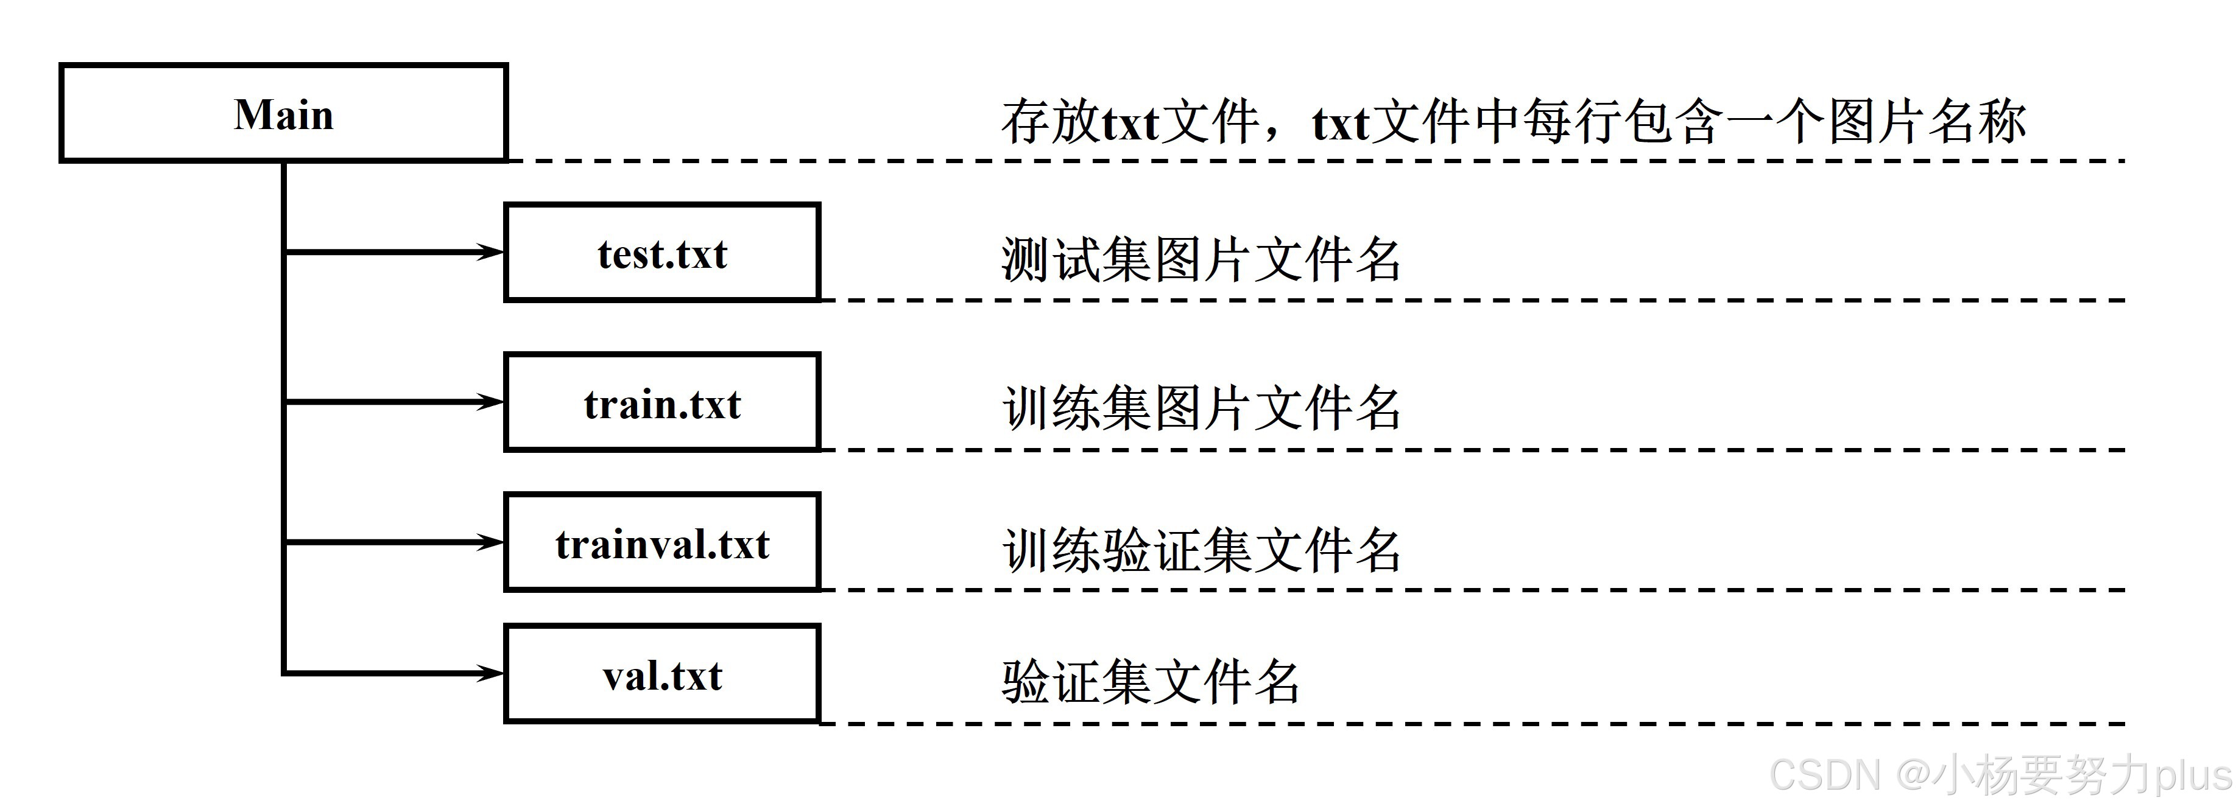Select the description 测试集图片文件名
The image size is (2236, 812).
point(1201,259)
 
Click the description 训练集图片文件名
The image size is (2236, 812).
point(1201,408)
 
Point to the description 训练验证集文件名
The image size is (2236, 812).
point(1201,549)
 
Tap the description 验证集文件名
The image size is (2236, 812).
point(1151,682)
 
